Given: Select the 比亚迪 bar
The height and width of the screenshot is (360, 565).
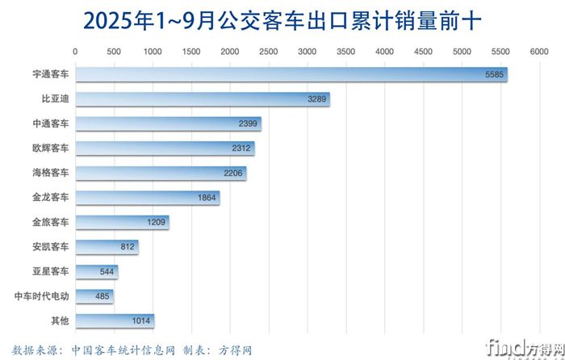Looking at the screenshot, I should pos(202,99).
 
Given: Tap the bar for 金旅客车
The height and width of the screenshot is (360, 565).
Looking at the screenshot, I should pos(121,222).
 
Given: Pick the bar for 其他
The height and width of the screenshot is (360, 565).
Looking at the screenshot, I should pos(114,320).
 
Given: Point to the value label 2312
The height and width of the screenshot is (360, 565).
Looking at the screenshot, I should pos(241,149).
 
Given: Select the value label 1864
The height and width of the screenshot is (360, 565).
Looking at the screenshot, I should pos(207,198).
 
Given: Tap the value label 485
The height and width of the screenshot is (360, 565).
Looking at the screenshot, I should pos(103,296).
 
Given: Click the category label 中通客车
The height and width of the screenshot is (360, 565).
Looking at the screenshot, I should pos(51,124).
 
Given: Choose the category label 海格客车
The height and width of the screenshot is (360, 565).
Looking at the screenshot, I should pos(51,173).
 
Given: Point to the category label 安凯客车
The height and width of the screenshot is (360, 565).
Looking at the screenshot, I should pos(51,247).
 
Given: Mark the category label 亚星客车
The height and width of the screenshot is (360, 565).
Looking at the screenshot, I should pos(51,271).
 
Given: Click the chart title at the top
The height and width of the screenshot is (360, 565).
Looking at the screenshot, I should pos(282,20).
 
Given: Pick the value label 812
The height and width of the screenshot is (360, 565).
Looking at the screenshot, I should pos(125,247).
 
